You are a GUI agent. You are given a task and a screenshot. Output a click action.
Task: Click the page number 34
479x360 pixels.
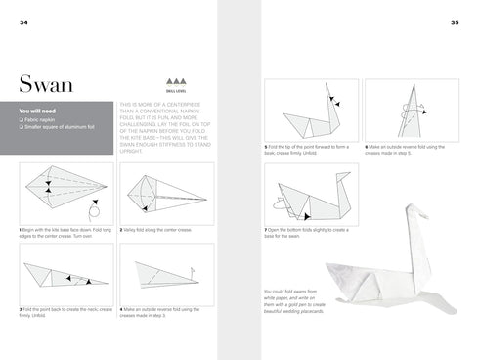(11, 23)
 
